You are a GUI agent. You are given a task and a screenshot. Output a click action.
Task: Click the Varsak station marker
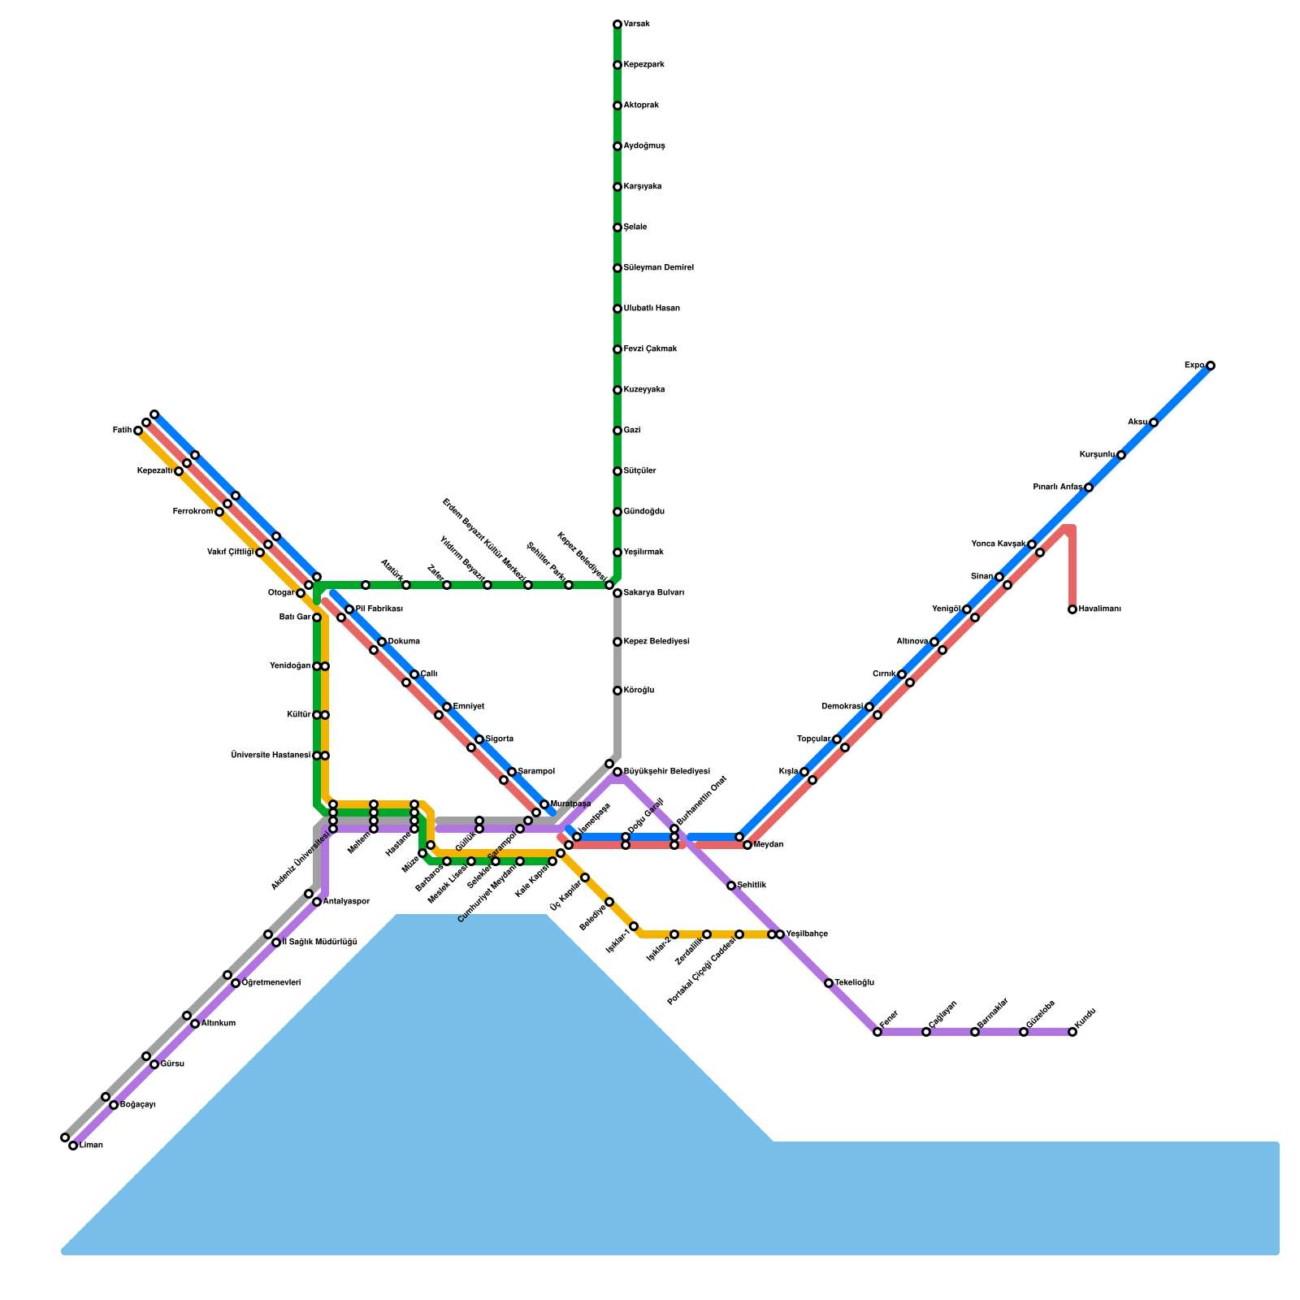point(617,24)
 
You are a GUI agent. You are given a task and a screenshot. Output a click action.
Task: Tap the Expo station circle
point(1211,366)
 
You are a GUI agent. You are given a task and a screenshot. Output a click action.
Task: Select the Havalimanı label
point(1100,609)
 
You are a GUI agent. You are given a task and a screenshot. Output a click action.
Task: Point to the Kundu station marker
point(1072,1032)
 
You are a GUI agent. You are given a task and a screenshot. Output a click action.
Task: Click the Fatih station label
point(122,431)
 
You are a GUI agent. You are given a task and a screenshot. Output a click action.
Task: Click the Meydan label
point(768,845)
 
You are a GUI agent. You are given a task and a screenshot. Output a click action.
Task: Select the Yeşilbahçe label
point(807,934)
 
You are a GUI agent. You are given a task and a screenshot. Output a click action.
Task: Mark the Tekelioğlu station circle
point(829,983)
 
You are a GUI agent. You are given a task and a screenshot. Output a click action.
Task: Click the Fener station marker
point(877,1032)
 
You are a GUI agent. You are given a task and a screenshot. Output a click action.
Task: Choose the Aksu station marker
point(1154,422)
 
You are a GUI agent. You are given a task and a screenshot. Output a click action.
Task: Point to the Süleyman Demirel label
point(658,268)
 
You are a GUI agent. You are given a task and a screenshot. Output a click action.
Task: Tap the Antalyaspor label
point(346,902)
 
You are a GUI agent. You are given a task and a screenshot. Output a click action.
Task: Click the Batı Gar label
point(295,617)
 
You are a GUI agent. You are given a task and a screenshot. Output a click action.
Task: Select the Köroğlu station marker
point(617,691)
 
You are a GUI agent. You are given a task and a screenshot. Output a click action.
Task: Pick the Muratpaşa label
point(570,804)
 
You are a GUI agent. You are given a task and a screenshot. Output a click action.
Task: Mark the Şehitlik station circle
point(731,886)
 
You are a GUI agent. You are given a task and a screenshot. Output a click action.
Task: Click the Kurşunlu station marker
point(1121,455)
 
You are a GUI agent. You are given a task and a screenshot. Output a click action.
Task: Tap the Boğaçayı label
point(137,1105)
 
